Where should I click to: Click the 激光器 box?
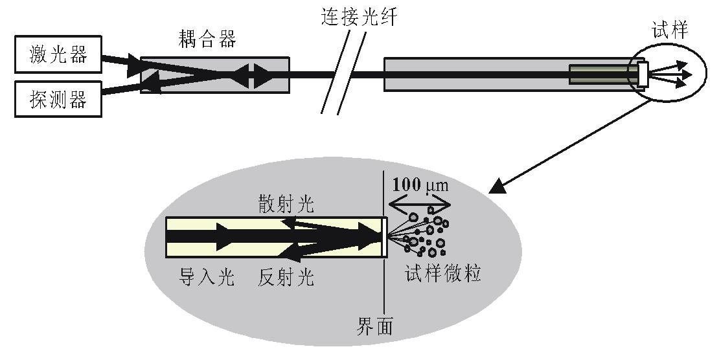point(58,56)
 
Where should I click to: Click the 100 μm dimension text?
point(420,185)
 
